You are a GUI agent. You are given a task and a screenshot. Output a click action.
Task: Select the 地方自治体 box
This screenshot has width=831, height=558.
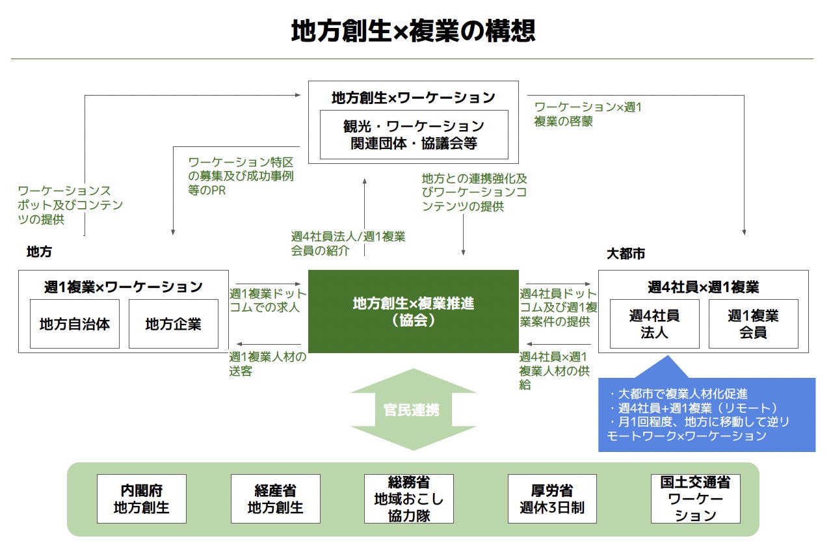tap(75, 323)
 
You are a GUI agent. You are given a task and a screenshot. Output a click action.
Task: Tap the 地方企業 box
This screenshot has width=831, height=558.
tap(173, 323)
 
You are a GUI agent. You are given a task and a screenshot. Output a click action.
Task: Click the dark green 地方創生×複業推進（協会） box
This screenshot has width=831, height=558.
tap(413, 312)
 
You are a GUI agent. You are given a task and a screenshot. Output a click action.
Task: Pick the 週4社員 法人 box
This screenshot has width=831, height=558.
tap(654, 323)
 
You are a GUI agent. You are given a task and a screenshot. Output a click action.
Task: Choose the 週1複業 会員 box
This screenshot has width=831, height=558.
tap(753, 323)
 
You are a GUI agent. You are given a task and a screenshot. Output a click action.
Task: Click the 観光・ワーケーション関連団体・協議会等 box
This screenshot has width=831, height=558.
tap(414, 135)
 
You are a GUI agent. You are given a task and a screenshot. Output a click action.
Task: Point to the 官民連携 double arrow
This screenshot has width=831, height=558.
tap(414, 410)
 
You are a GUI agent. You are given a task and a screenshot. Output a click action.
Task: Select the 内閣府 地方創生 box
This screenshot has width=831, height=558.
tap(142, 499)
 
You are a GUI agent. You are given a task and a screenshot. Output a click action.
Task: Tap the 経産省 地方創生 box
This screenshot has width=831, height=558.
tap(276, 499)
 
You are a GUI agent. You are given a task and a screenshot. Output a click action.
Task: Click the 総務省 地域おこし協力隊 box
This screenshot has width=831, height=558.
tap(409, 499)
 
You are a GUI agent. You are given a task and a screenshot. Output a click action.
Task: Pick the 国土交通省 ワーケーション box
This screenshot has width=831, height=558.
tap(695, 499)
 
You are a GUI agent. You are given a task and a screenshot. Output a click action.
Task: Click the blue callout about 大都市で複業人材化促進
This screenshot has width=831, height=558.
tap(706, 414)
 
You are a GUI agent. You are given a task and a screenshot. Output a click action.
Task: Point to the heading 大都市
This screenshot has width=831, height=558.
tap(626, 254)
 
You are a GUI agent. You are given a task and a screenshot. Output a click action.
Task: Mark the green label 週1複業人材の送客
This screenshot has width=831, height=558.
tap(267, 364)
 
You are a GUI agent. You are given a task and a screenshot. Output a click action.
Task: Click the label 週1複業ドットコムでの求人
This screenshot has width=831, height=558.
tap(267, 300)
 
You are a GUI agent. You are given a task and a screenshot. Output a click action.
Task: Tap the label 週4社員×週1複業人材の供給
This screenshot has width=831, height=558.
tap(553, 370)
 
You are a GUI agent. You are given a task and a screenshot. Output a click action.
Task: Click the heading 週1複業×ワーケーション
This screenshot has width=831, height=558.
tap(124, 286)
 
